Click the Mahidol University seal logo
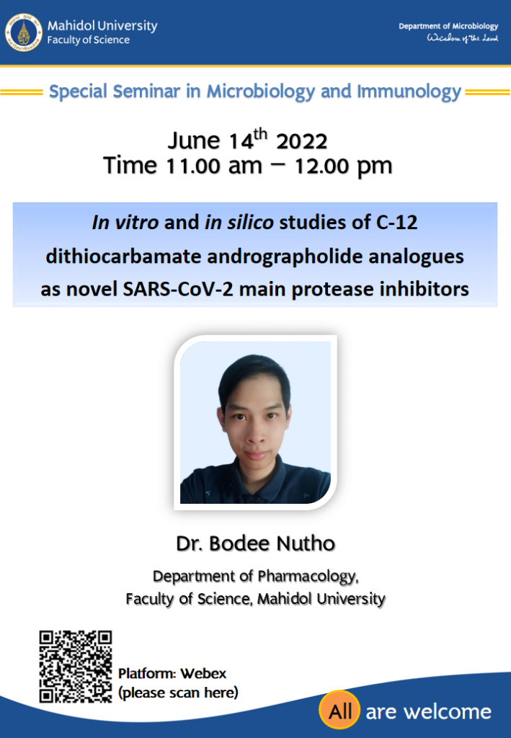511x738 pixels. coord(24,32)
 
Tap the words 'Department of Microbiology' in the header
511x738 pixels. coord(448,27)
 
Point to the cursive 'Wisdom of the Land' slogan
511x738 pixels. coord(462,38)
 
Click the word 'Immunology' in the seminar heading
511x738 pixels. coord(409,92)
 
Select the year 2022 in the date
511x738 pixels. coord(301,142)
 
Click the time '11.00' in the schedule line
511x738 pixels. coord(193,166)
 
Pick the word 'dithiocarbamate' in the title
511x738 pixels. coord(123,257)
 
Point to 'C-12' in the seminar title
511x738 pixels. coord(396,223)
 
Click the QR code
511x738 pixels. coord(75,667)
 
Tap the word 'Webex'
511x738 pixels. coord(203,674)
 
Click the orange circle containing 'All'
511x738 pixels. coord(339,711)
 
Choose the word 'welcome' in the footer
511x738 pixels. coord(448,711)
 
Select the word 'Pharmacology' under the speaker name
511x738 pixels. coord(308,577)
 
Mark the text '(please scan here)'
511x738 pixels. coord(178,693)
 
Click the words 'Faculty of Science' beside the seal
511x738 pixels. coord(88,40)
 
